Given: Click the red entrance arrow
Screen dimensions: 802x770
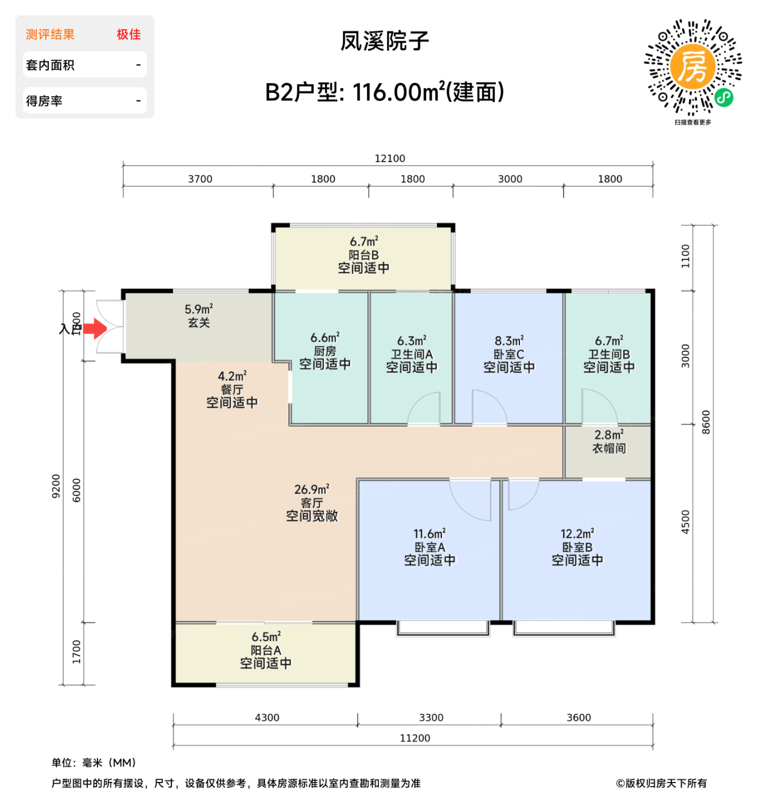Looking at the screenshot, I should pos(95,329).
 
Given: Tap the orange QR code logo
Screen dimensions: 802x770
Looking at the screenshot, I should pos(693,67).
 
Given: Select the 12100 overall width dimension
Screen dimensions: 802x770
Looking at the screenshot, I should pos(389,159).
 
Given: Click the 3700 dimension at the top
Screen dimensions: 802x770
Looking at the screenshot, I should pos(200,179).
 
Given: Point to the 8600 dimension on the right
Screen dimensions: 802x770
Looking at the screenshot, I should pos(706,422).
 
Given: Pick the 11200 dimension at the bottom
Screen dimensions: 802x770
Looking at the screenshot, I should pos(415,738).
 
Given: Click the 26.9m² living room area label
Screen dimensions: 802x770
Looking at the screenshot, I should pos(311,490).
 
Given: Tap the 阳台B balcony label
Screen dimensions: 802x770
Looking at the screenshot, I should pos(363,255).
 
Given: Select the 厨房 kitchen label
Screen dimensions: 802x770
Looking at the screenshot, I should pos(325,351).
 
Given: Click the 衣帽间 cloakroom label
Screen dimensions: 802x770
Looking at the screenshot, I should pos(609,449).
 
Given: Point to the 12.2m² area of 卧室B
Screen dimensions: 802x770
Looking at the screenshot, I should pos(577,534).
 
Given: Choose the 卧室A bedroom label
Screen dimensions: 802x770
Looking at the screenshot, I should pos(429,548).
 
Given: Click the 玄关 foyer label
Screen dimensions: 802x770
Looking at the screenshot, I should pos(199,323).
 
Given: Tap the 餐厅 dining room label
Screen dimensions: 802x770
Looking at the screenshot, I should pos(232,390).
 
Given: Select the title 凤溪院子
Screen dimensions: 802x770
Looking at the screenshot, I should pos(385,41).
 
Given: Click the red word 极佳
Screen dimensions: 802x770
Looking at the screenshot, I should pos(128,34).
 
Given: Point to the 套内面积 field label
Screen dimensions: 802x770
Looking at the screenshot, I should pos(50,65).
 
